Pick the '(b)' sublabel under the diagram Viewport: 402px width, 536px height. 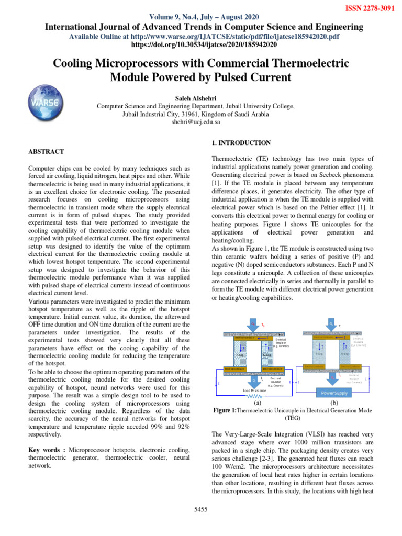[x=334, y=404]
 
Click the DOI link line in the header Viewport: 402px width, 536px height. [x=201, y=45]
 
